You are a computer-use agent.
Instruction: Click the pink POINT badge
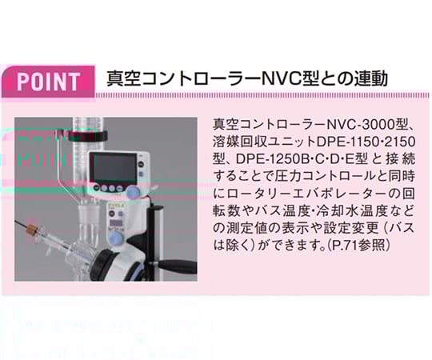pos(48,82)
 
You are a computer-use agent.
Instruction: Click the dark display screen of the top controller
pos(114,167)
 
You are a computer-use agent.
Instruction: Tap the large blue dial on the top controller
pos(133,191)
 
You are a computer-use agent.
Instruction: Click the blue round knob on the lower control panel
pos(117,238)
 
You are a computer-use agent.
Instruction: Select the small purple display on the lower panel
pos(116,222)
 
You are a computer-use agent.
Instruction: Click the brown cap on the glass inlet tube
pos(33,227)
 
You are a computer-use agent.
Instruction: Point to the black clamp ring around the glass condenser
pos(88,136)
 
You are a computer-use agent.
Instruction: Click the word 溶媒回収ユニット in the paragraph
pos(265,142)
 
